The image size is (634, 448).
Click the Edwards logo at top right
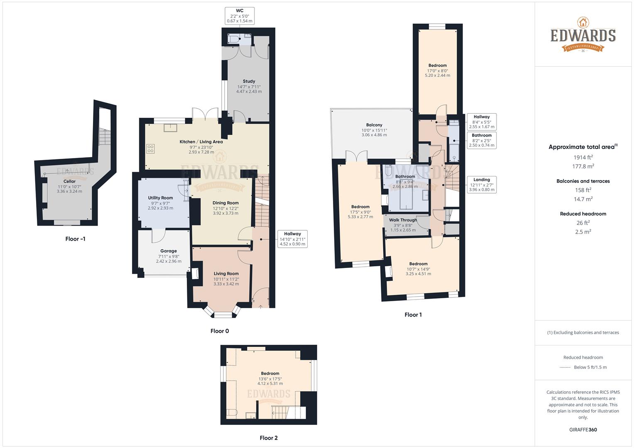(583, 35)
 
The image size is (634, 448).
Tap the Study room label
(249, 81)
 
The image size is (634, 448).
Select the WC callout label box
(240, 16)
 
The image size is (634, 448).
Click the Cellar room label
(69, 181)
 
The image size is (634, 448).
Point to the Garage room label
(169, 251)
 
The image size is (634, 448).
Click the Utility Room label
(160, 198)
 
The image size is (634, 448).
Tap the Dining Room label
(225, 203)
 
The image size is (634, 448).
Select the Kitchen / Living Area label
(201, 142)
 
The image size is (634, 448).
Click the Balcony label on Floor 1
(374, 125)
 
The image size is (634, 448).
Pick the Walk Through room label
(403, 220)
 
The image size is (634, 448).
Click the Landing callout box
(482, 185)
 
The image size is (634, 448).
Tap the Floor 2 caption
(269, 438)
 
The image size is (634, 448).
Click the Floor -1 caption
(76, 239)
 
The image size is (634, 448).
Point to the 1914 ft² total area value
(583, 157)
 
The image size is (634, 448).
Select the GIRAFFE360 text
(583, 430)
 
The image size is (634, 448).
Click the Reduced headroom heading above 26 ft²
(583, 214)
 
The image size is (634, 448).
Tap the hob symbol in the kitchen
(150, 149)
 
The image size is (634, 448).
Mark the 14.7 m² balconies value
(583, 199)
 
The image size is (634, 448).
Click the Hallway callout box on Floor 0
(292, 239)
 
